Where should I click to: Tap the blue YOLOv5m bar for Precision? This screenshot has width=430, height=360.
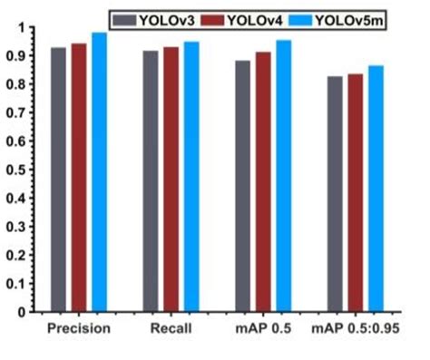[x=98, y=172]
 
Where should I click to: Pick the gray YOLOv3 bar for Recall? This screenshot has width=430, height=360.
[x=151, y=181]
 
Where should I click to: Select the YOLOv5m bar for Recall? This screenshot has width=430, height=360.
[x=191, y=177]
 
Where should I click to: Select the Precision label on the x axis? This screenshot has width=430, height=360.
[x=78, y=329]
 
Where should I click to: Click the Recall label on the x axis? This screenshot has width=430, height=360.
[x=171, y=329]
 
